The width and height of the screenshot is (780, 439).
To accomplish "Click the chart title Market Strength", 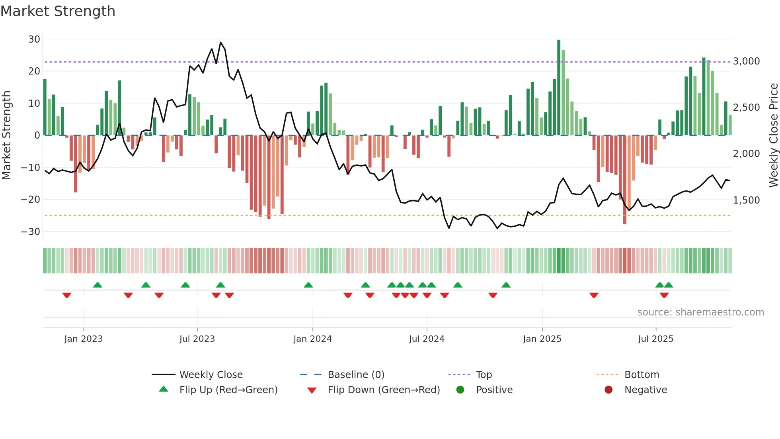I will click(58, 11).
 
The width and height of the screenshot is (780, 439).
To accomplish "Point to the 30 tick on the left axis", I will click(34, 39).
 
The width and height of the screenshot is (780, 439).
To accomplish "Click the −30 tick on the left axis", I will click(31, 232).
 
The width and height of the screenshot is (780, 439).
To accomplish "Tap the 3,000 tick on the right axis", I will click(746, 61).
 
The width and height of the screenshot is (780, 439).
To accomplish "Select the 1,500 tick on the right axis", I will click(746, 200).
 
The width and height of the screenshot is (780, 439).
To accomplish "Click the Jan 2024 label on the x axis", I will click(312, 339).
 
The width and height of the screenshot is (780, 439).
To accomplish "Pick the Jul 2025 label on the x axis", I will click(655, 339).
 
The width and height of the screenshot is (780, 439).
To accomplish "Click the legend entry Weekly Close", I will click(211, 375).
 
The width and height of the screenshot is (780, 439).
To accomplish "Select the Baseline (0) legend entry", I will click(356, 375).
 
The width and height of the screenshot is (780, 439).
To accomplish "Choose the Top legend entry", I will click(484, 375).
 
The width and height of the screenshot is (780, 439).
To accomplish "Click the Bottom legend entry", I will click(642, 375).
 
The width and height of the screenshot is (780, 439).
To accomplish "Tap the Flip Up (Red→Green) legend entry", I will click(228, 390).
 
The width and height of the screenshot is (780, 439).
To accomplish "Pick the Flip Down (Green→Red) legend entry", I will click(384, 390).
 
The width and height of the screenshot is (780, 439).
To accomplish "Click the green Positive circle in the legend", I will click(460, 390).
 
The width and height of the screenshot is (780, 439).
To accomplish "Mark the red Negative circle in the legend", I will click(608, 390).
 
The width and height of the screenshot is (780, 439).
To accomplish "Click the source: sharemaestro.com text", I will click(700, 312).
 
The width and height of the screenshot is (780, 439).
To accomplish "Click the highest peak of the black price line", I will click(221, 43).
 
